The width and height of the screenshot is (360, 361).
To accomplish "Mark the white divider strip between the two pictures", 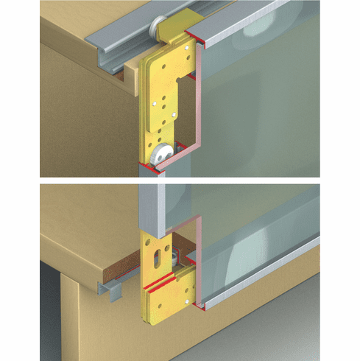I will click(x=180, y=180).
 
